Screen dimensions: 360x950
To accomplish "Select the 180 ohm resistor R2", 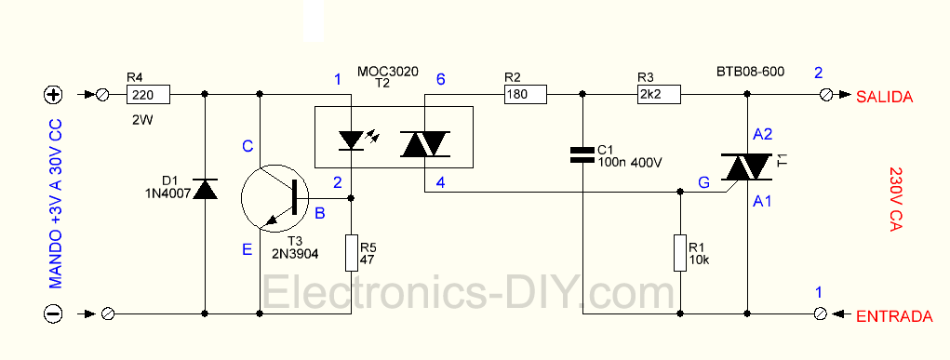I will click(x=525, y=94).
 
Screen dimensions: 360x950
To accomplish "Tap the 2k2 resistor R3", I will click(x=659, y=94).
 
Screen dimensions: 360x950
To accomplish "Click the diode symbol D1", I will click(x=205, y=190).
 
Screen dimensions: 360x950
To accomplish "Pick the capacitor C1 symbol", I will click(x=582, y=154).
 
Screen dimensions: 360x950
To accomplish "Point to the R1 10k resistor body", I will click(x=682, y=252).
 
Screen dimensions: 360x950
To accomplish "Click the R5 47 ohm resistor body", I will click(x=351, y=252).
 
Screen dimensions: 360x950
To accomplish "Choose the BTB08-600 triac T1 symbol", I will click(x=749, y=167).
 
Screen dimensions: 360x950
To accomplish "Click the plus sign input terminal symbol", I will click(x=52, y=95).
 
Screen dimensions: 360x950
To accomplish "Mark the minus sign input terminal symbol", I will click(x=52, y=314).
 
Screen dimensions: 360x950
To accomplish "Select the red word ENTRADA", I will click(x=893, y=317).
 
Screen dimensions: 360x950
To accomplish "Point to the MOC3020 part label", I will click(x=387, y=70).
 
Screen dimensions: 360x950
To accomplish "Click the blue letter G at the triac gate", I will click(x=704, y=184).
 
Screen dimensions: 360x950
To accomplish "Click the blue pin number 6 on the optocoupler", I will click(x=440, y=80).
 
